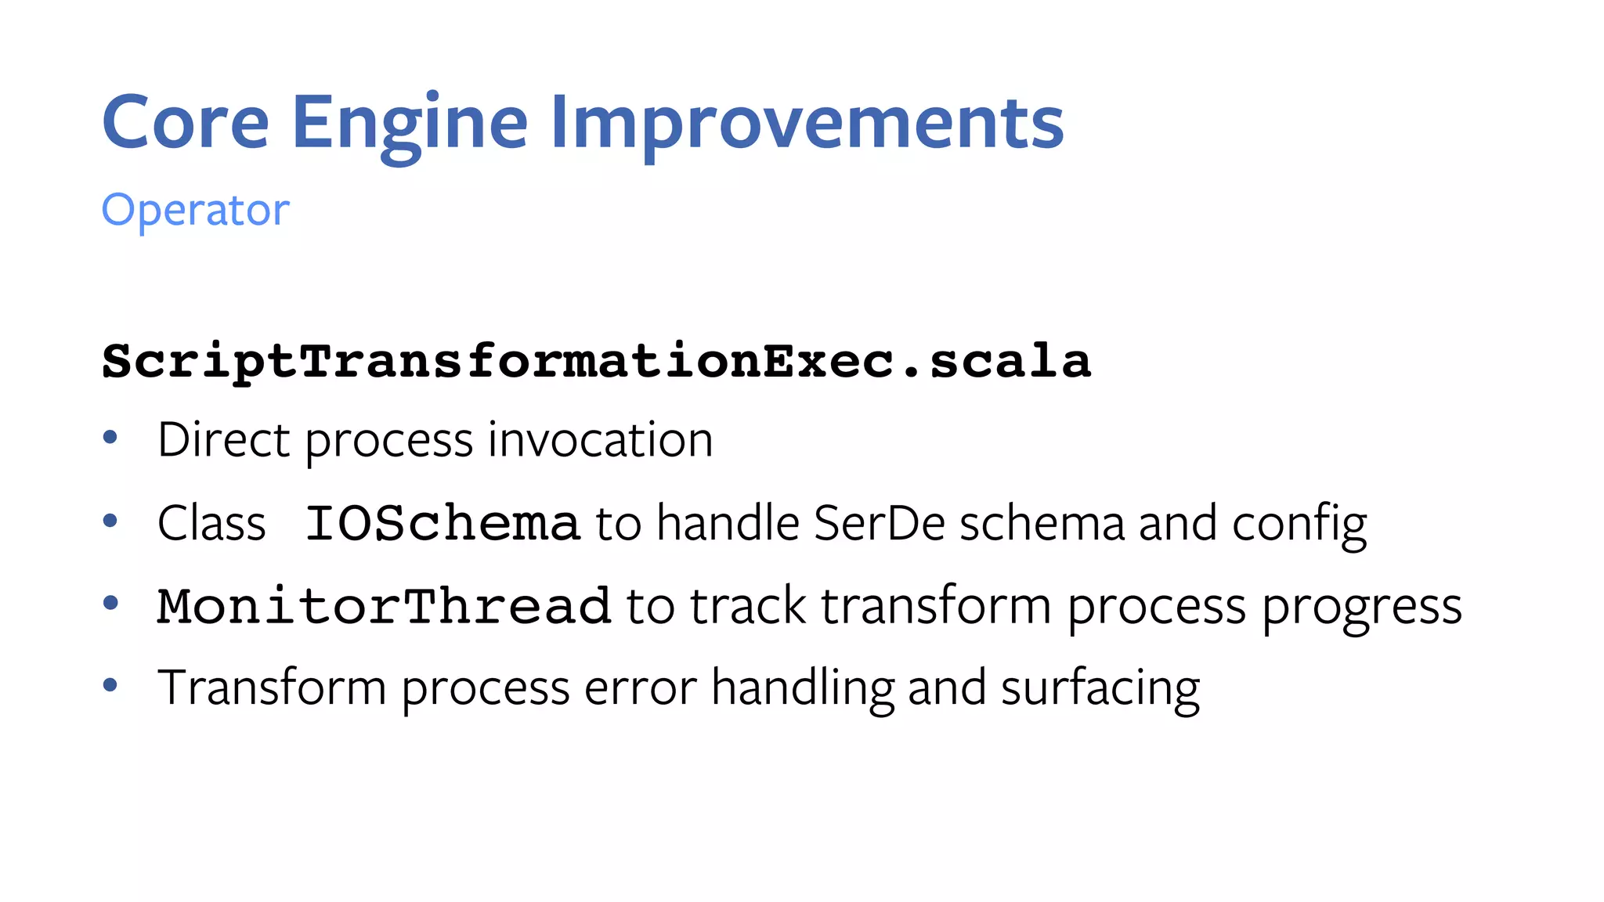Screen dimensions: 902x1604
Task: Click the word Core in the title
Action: pyautogui.click(x=186, y=122)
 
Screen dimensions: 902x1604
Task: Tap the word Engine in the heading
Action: pyautogui.click(x=410, y=124)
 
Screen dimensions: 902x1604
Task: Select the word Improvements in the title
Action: pyautogui.click(x=807, y=124)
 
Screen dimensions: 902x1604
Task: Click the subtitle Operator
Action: pyautogui.click(x=196, y=211)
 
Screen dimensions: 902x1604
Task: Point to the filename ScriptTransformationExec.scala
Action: pyautogui.click(x=596, y=362)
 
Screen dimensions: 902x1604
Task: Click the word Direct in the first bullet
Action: pyautogui.click(x=224, y=439)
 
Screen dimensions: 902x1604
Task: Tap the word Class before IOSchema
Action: pyautogui.click(x=211, y=523)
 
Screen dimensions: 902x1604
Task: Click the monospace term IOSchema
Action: pyautogui.click(x=443, y=523)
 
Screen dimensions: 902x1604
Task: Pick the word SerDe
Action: pyautogui.click(x=880, y=523)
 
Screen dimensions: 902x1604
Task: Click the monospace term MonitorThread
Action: pyautogui.click(x=384, y=606)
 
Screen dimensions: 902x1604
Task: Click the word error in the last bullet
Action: pyautogui.click(x=640, y=688)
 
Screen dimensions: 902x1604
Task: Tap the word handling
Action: pyautogui.click(x=802, y=688)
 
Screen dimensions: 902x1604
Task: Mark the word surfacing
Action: pyautogui.click(x=1100, y=688)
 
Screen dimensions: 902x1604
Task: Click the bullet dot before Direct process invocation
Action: pyautogui.click(x=110, y=437)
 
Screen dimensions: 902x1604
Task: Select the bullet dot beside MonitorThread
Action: pyautogui.click(x=110, y=603)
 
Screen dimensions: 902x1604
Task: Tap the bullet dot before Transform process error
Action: pyautogui.click(x=110, y=685)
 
